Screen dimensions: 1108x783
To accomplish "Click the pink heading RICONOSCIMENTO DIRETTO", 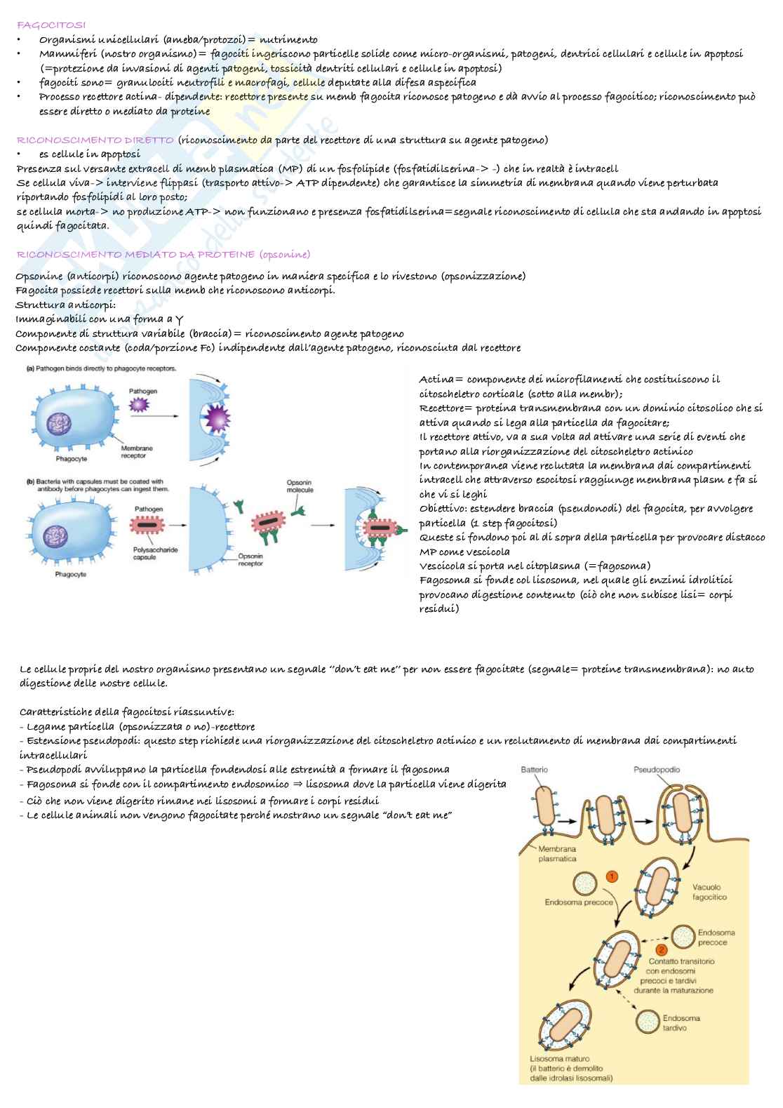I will [x=95, y=140].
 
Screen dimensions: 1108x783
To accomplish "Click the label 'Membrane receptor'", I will [x=136, y=452].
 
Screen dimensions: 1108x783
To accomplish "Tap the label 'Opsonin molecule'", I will [x=300, y=486].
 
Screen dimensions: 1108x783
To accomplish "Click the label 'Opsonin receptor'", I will [x=250, y=559].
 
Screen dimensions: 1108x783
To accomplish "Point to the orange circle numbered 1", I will [x=612, y=876].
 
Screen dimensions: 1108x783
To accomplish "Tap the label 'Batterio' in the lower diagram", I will [x=535, y=770].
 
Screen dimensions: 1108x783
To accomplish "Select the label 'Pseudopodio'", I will [x=657, y=770].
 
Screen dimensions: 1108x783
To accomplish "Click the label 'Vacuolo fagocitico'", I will [x=709, y=892].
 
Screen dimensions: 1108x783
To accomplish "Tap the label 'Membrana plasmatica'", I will [x=557, y=853].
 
